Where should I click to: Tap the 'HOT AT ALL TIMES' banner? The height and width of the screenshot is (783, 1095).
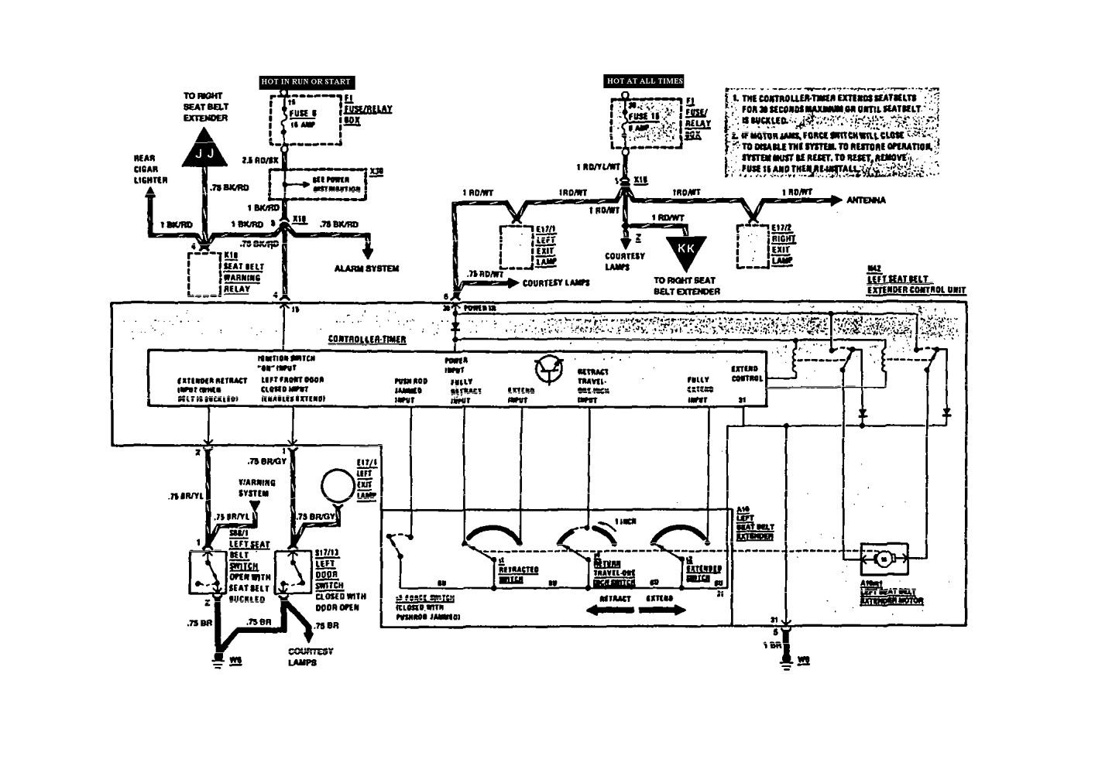coord(644,80)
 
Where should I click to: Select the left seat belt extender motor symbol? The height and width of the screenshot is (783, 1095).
coord(884,558)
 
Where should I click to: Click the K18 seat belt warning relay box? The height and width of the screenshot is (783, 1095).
coord(204,273)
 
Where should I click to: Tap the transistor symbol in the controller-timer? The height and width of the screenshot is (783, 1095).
coord(548,371)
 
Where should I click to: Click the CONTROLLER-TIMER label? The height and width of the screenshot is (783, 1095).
coord(367,340)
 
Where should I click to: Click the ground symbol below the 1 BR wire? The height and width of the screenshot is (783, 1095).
coord(786,662)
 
